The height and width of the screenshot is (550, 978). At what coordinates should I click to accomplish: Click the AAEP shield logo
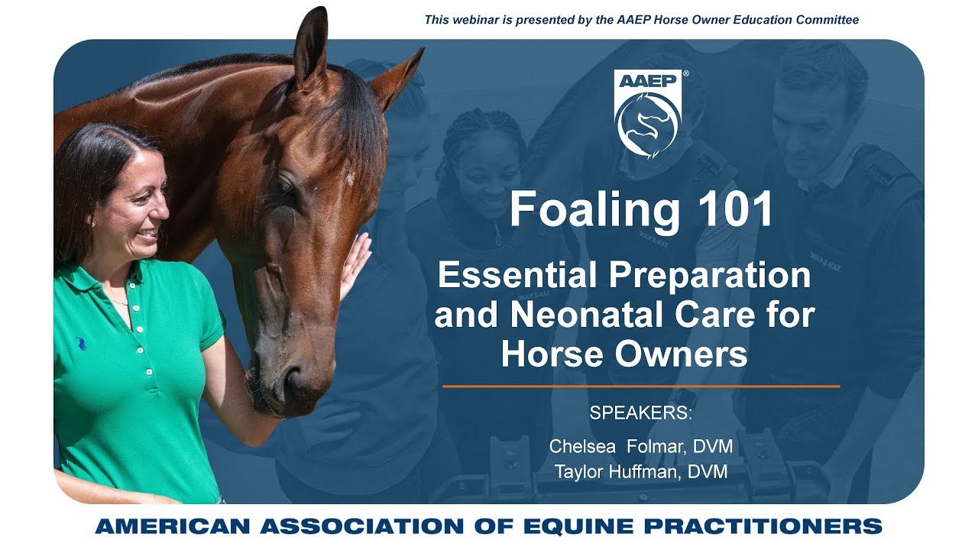648,115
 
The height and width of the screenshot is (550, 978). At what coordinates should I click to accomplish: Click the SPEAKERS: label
640,413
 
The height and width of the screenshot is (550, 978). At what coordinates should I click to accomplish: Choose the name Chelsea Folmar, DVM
640,446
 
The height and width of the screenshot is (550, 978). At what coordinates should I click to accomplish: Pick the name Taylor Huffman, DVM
640,473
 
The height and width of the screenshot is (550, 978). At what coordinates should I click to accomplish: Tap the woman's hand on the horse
355,264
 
